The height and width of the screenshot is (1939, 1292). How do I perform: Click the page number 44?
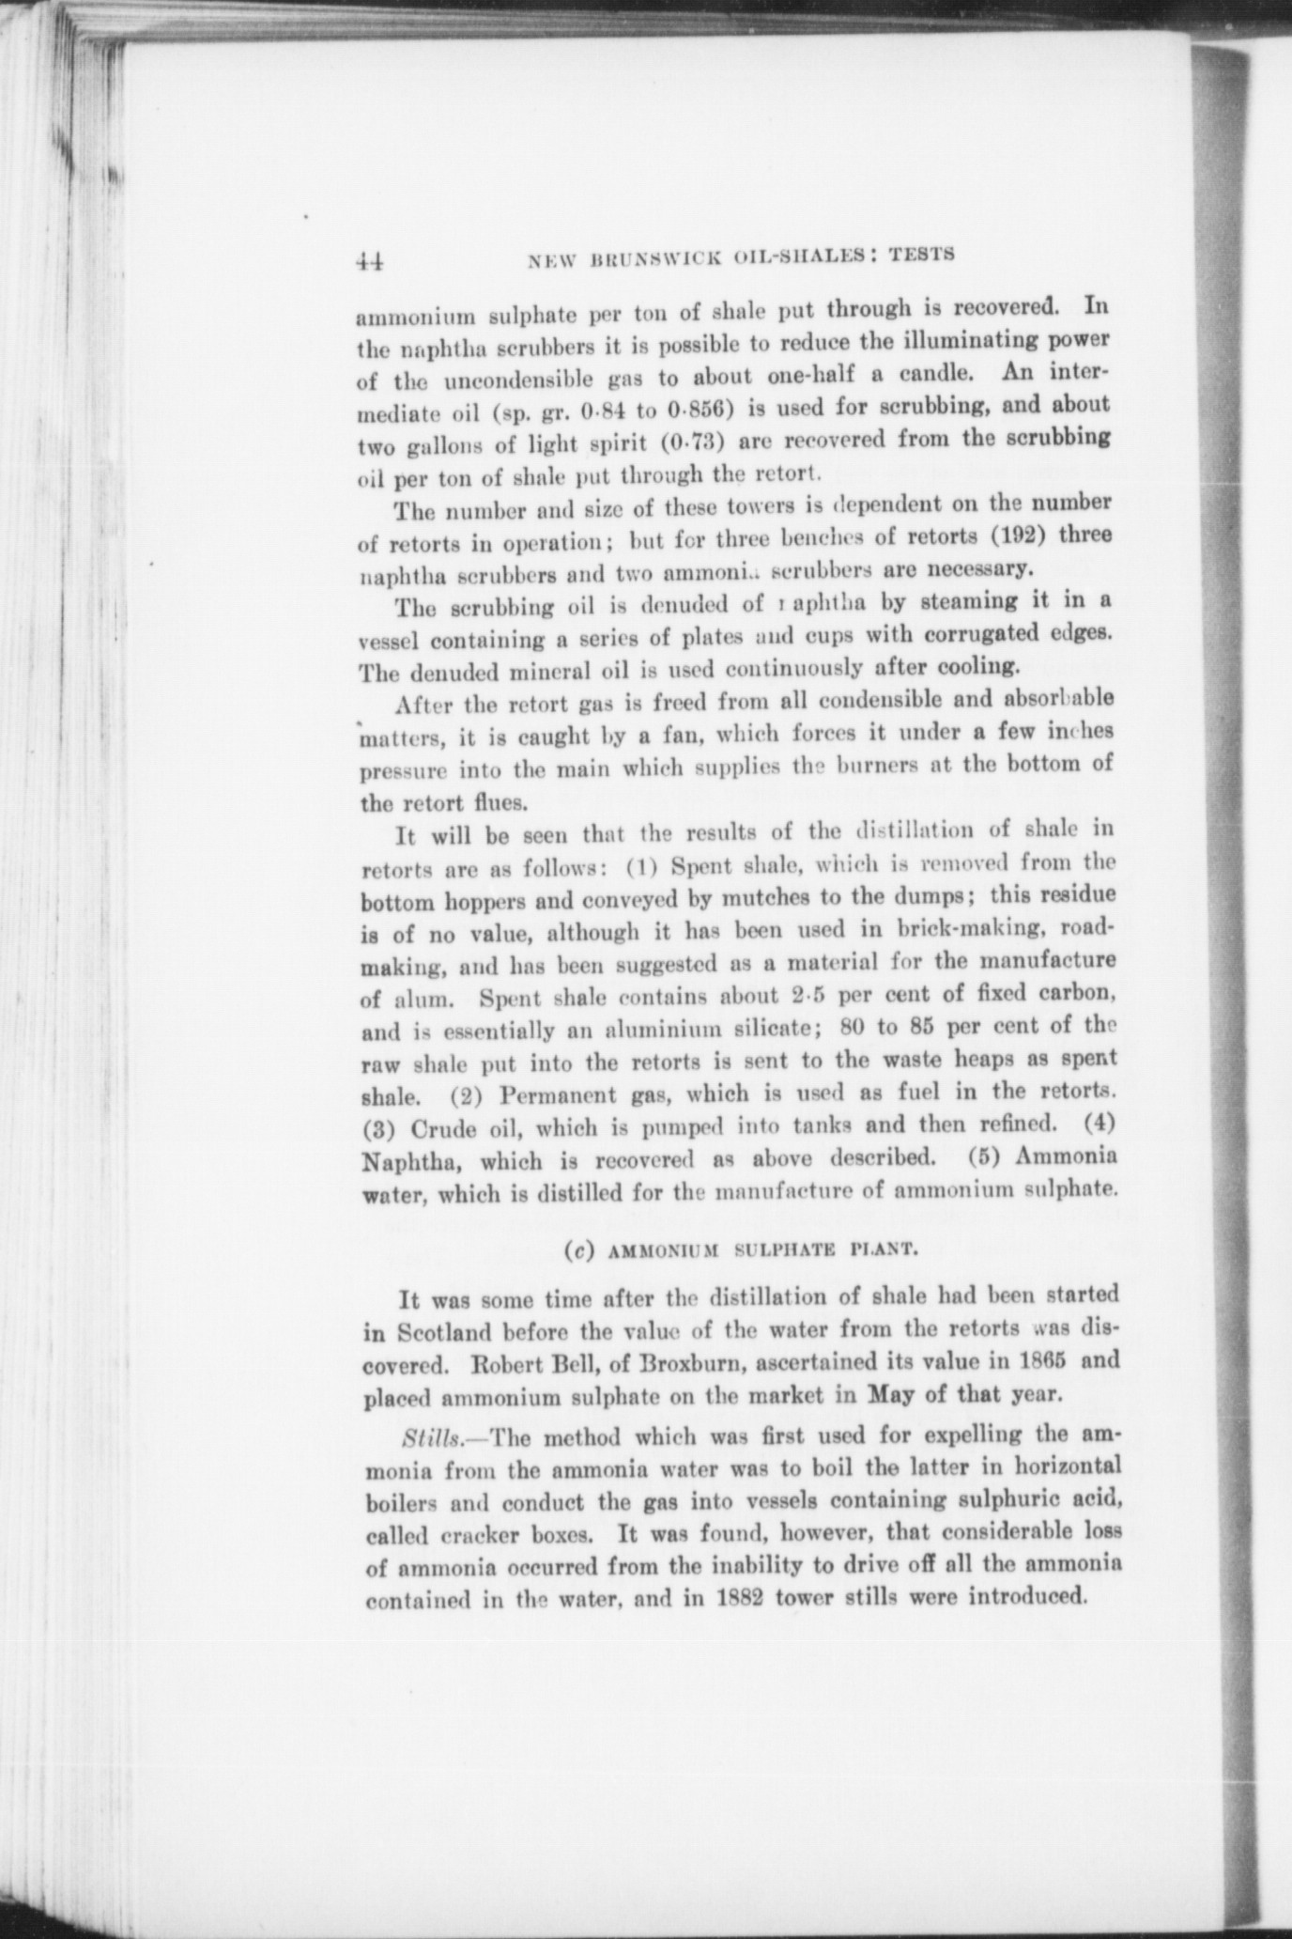tap(372, 261)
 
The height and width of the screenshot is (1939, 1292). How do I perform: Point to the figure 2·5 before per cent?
tap(811, 994)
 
